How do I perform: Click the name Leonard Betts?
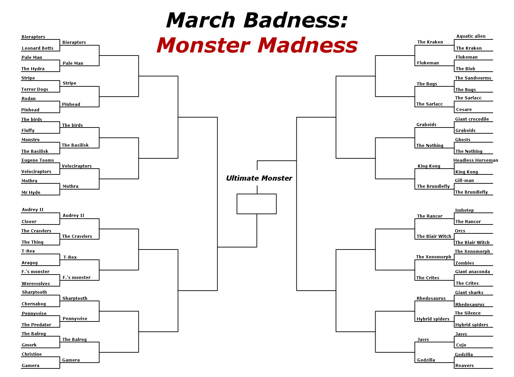tap(37, 48)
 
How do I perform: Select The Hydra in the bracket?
tap(33, 69)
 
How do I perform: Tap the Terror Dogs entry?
tap(35, 89)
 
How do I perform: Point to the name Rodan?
tap(28, 99)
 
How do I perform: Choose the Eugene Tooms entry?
tap(38, 160)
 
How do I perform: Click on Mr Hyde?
tap(31, 193)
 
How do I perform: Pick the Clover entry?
tap(29, 222)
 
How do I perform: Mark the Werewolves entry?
tap(36, 284)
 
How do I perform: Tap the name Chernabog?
tap(34, 304)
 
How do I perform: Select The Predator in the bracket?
tap(36, 325)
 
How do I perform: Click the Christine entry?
tap(32, 354)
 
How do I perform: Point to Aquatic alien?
tap(471, 36)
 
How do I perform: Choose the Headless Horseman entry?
tap(476, 160)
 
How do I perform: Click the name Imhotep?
tap(464, 210)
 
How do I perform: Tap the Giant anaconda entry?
tap(472, 272)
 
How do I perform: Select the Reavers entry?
tap(464, 366)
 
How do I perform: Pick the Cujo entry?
tap(461, 345)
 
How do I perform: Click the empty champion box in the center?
tap(257, 204)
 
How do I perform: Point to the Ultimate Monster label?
tap(259, 178)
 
